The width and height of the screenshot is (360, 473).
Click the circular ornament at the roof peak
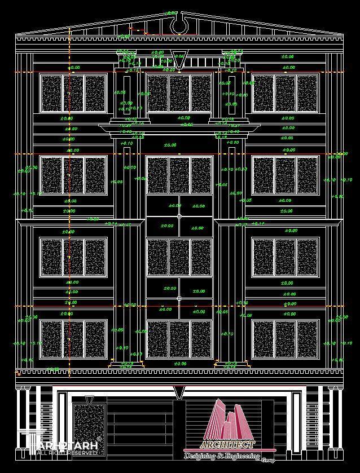[x=179, y=25]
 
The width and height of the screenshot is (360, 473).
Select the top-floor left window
[x=73, y=93]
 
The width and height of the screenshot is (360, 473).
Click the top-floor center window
[x=179, y=93]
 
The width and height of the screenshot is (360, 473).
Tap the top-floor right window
[x=286, y=93]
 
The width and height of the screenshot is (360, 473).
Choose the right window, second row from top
[x=286, y=175]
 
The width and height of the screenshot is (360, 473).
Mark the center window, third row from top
[x=179, y=257]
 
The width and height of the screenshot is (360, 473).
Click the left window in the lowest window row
[x=73, y=339]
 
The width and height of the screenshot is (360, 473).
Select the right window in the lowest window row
[x=286, y=339]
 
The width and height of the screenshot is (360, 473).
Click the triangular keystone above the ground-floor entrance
[x=179, y=392]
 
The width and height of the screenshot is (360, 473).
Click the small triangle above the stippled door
[x=89, y=400]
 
